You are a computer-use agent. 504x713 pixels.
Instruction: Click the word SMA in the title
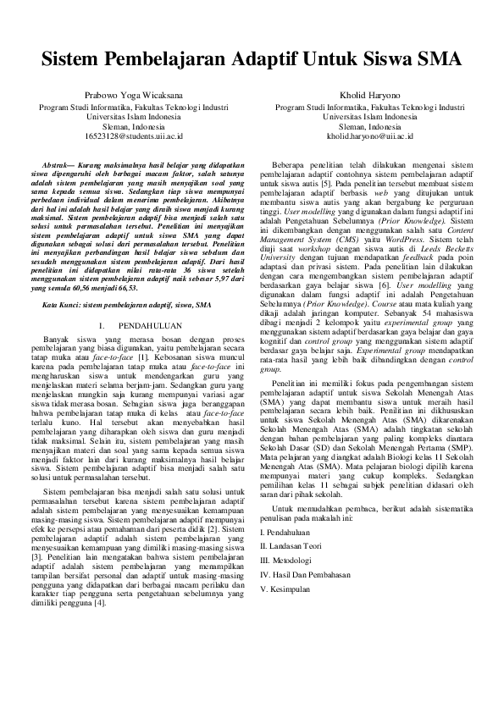(439, 61)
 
